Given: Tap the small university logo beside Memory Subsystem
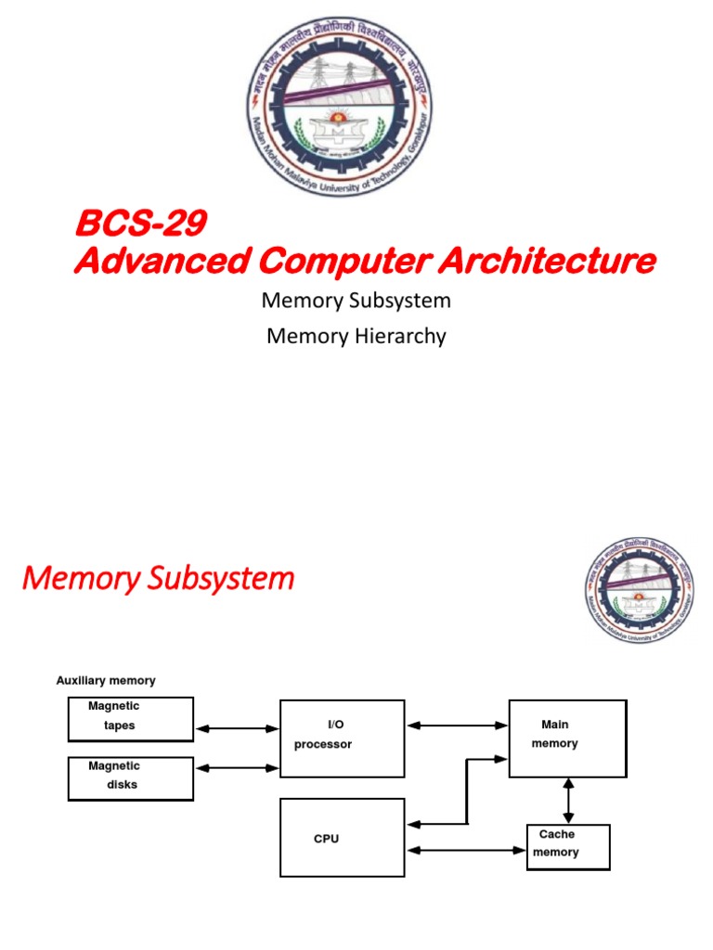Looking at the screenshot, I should coord(640,592).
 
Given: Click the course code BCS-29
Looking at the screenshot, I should coord(139,225).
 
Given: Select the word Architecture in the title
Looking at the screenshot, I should coord(547,262).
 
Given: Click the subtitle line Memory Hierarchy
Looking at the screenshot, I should coord(356,336).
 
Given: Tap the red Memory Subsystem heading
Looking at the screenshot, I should coord(158,579).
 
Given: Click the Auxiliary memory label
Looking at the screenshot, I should coord(106,681).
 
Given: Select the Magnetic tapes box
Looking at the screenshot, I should coord(131,719).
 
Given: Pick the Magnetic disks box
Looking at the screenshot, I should coord(131,778).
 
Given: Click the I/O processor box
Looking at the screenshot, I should coord(342,738).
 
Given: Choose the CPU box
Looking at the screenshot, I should coord(342,838).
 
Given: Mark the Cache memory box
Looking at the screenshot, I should coord(568,846).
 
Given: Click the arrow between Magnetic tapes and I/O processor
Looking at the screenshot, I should coord(237,729).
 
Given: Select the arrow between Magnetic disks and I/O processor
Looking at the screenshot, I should coord(237,768).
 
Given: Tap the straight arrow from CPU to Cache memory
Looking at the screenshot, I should coord(465,848).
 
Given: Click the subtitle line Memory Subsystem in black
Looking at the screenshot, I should coord(356,301).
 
